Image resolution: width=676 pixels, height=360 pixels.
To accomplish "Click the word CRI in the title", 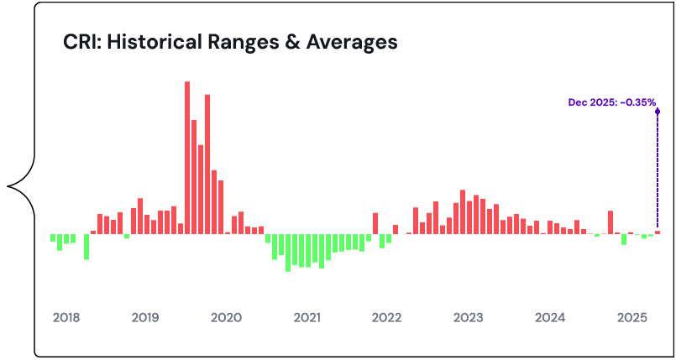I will pos(81,42).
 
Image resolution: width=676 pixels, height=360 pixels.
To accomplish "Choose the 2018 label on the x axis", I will pos(66,318).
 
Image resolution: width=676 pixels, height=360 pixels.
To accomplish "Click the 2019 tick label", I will pos(145,318).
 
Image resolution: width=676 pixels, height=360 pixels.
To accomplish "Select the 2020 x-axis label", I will pos(226,318).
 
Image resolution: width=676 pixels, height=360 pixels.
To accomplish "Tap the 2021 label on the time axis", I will pos(307,318).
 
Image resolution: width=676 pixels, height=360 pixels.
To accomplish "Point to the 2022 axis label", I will pos(386,318).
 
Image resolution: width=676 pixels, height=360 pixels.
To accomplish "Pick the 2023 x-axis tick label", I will pos(468,318).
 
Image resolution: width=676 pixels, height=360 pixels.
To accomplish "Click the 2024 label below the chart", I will pos(550,318).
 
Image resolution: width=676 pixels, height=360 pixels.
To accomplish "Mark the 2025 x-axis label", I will pos(631,318).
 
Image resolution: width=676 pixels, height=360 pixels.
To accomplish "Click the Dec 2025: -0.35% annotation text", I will pos(611,102).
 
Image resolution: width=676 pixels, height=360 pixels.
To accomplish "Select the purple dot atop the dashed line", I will pos(658,110).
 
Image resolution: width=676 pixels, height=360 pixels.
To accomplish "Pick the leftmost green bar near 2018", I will pos(53,237).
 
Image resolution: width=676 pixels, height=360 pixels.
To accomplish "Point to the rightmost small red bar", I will pos(658,232).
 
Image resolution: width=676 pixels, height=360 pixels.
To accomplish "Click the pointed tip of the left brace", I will pos(8,185).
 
